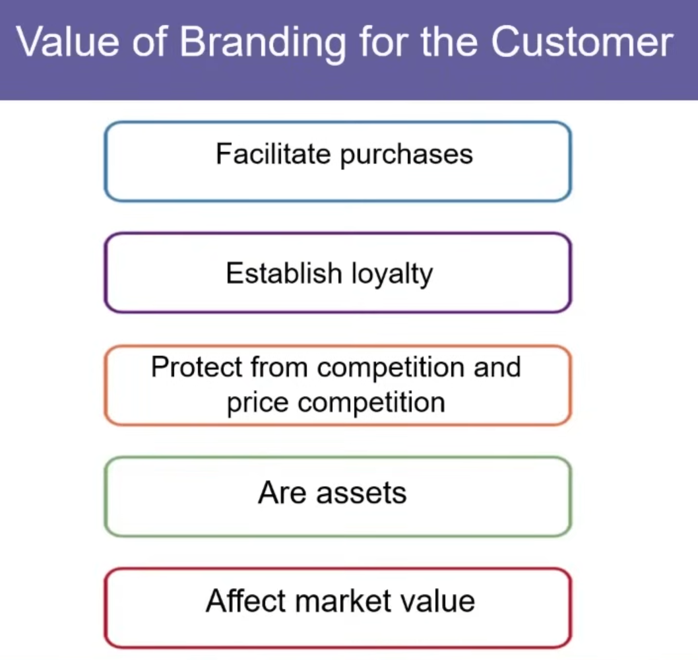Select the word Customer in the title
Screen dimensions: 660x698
[x=581, y=42]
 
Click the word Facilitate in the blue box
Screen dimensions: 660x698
[x=273, y=154]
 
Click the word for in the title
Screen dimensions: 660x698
[x=381, y=42]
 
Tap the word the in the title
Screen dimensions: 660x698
[x=451, y=42]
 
